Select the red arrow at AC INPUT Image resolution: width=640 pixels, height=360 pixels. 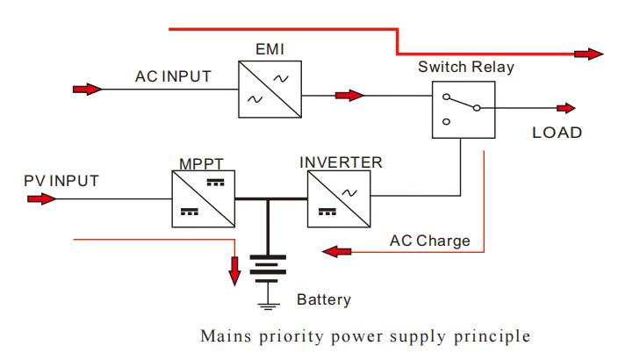(x=87, y=89)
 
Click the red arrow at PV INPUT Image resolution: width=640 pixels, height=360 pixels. (x=40, y=198)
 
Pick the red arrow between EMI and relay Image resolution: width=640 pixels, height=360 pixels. (x=349, y=94)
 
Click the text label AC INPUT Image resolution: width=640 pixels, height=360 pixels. (x=173, y=76)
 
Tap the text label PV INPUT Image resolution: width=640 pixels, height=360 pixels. (x=61, y=181)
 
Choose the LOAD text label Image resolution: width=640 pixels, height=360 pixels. (x=557, y=133)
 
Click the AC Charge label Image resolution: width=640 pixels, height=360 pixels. (x=430, y=240)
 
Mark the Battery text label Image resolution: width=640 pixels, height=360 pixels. (x=323, y=299)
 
